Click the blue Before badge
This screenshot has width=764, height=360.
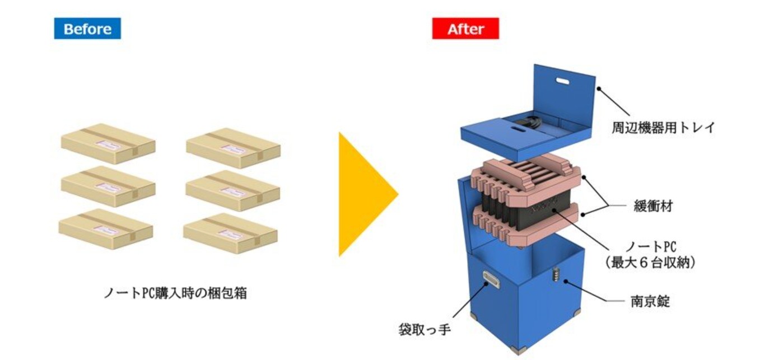coord(87,29)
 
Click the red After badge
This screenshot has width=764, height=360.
coord(465,29)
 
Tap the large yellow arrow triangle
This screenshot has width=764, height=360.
coord(367,194)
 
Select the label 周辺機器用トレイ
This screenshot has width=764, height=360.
coord(663,128)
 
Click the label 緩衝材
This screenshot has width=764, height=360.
coord(653,206)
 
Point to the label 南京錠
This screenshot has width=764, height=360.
coord(650,301)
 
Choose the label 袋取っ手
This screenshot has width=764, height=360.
coord(425,330)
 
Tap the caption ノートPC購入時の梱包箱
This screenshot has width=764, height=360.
coord(175,293)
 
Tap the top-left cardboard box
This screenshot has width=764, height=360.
coord(109,143)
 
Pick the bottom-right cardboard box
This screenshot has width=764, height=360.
coord(231,233)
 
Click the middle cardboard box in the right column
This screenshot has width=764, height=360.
coord(233,190)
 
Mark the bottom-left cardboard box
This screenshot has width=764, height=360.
coord(106,229)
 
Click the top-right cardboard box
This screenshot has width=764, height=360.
coord(234,148)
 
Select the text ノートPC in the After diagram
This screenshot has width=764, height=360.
coord(651,246)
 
